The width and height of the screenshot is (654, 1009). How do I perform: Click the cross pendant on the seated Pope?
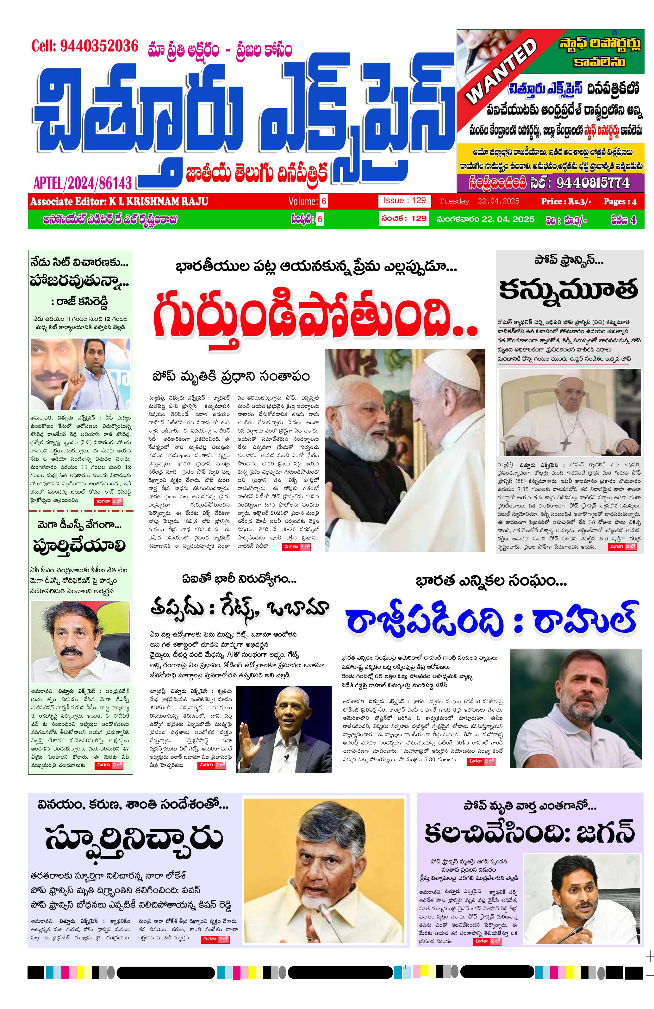pos(567,443)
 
